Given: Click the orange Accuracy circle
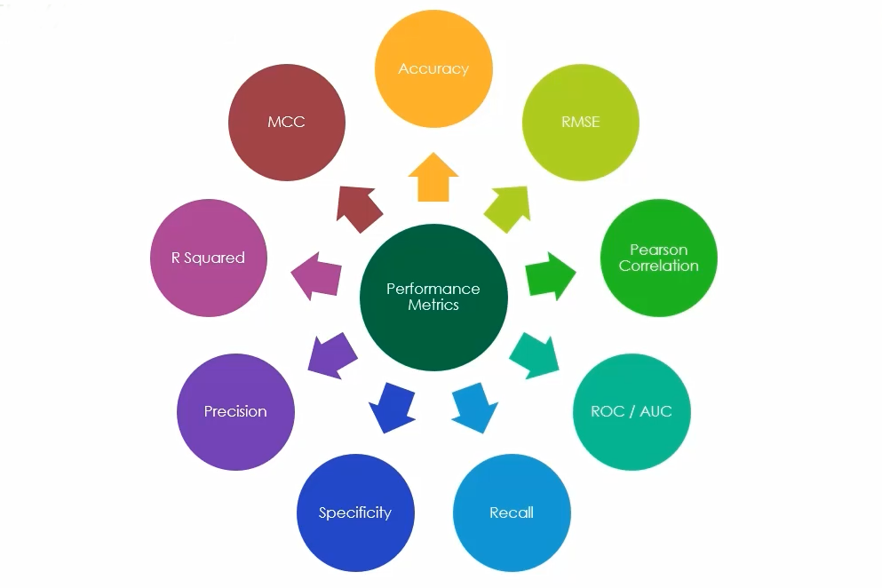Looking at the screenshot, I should point(433,69).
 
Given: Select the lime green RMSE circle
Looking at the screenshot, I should point(580,123).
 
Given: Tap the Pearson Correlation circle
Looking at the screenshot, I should point(658,258).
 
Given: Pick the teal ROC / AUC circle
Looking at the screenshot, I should point(631,412).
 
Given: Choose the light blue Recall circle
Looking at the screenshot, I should point(512,513).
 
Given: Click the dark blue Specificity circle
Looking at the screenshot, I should point(354,513).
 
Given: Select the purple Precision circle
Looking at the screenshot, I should point(235,412).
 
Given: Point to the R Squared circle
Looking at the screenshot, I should point(208,258).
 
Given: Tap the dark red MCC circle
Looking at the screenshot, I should point(286,123).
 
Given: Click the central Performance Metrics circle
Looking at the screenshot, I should point(433,298).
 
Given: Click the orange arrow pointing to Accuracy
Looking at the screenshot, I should point(433,178).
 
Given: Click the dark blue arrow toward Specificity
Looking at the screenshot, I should point(392,407).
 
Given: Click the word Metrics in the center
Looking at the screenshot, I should point(433,305).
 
